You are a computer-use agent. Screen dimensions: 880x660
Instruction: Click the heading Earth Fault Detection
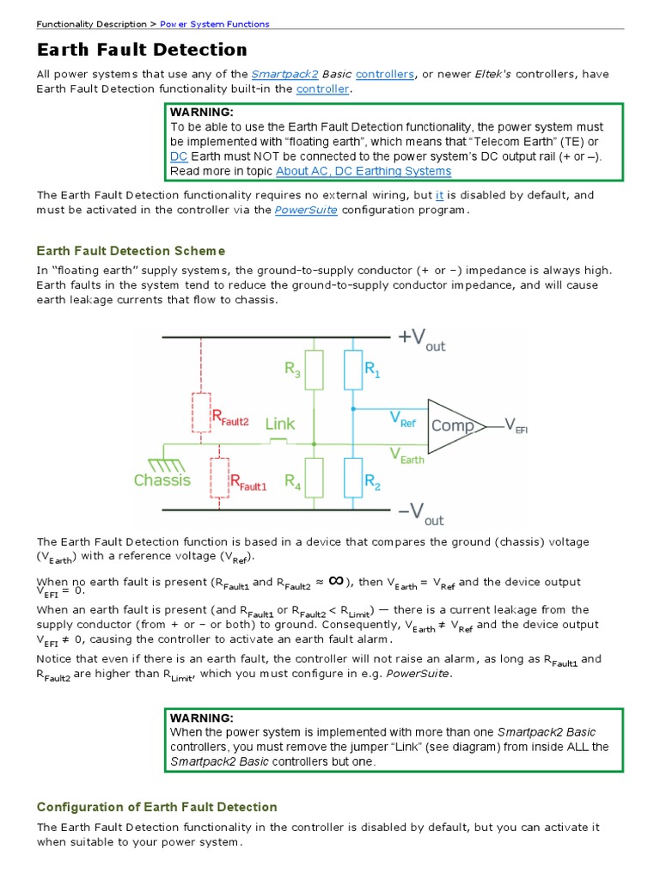pos(142,50)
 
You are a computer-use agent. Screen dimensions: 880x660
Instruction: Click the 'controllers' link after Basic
pos(384,74)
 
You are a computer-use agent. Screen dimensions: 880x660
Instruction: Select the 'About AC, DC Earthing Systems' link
pos(364,171)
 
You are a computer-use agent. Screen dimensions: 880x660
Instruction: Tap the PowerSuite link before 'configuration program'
pos(306,211)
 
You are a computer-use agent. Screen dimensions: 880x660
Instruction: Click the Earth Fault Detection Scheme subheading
pos(131,251)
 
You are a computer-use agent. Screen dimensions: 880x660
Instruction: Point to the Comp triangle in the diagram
pos(454,425)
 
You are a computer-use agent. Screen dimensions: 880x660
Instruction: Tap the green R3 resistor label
pos(293,370)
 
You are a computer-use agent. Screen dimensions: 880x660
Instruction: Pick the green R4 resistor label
pos(293,480)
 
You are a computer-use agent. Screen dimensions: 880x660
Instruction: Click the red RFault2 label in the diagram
pos(229,419)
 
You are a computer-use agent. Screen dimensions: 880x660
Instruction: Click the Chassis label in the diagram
pos(162,480)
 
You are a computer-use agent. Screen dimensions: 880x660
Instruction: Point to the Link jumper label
pos(280,424)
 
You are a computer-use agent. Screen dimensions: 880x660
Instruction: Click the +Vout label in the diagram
pos(421,339)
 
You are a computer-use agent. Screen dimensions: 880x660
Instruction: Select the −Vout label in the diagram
pos(420,514)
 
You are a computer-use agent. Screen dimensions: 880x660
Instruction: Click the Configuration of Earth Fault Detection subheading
pos(156,807)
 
